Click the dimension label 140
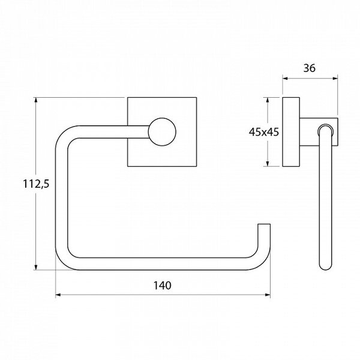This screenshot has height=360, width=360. point(162,286)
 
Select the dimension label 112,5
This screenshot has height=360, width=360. point(36,184)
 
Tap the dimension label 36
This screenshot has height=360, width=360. point(310,68)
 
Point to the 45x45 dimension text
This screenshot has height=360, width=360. point(264,132)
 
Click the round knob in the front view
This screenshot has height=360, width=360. point(162,132)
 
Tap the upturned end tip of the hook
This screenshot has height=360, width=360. point(264,224)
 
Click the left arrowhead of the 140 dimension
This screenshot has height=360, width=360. point(58,295)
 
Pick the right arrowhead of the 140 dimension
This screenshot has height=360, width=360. point(268,295)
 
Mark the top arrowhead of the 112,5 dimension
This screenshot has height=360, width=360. point(35,100)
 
